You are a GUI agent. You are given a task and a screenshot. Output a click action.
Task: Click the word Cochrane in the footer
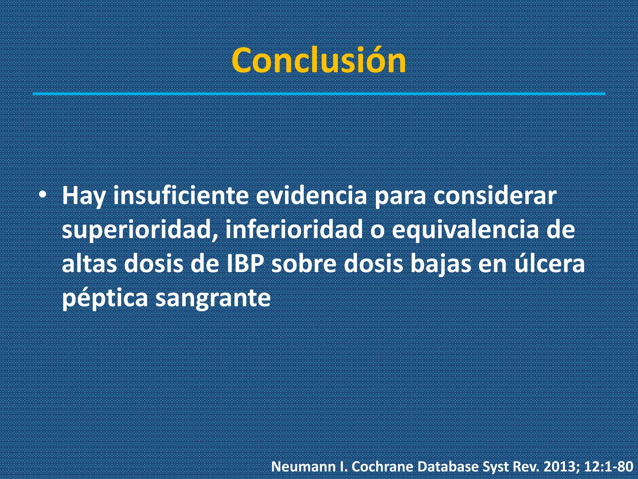(x=383, y=467)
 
